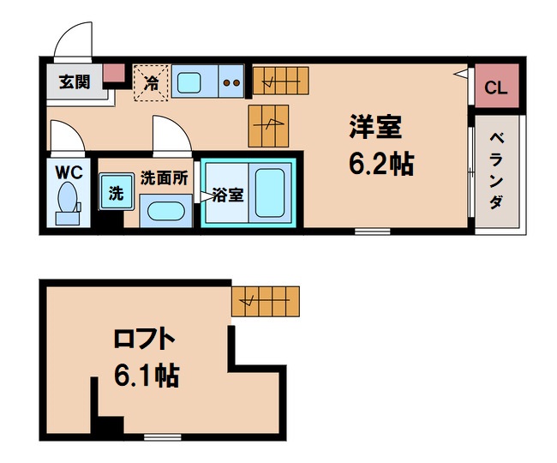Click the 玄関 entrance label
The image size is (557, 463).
tap(74, 82)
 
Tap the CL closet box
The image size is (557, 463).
tap(495, 87)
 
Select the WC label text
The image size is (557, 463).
tap(69, 171)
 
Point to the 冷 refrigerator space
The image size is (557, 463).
tap(151, 83)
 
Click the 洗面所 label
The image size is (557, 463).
tap(163, 178)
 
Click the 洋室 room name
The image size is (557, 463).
tap(375, 129)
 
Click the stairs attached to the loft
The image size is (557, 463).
tap(266, 300)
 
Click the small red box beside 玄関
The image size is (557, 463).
tap(113, 75)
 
